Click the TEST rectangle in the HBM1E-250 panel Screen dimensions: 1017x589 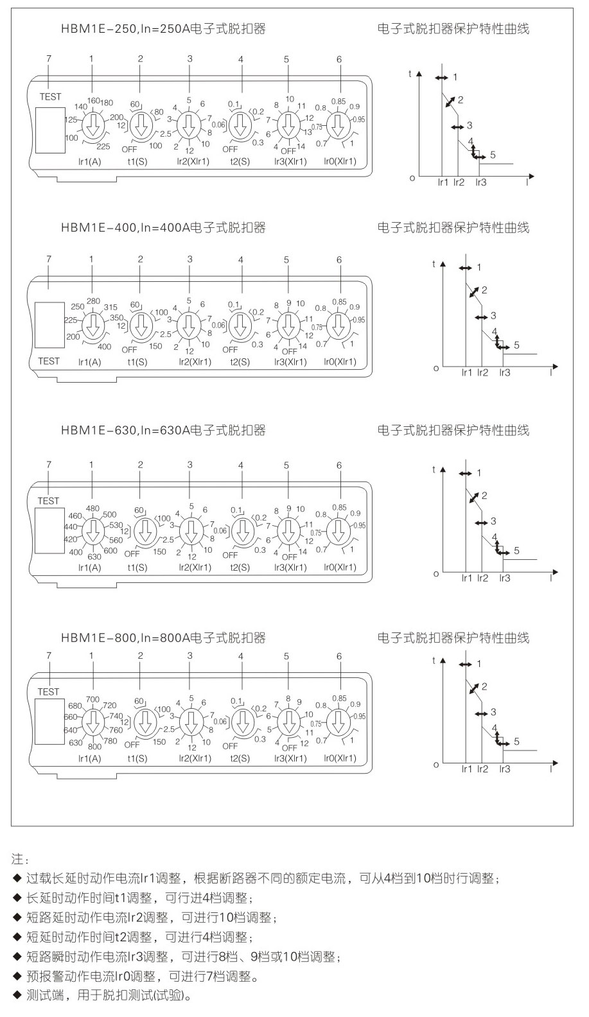[50, 130]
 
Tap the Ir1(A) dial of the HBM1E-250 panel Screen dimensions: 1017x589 [93, 123]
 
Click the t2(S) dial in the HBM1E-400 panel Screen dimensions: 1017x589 [240, 326]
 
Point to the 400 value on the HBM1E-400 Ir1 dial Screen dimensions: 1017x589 [104, 347]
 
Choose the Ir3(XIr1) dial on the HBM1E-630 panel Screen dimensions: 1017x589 [288, 531]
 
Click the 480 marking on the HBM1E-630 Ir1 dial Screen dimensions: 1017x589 [92, 509]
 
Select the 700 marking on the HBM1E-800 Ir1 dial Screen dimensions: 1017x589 [93, 699]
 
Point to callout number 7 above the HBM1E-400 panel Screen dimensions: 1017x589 [49, 259]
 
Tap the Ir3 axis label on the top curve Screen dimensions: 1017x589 [480, 183]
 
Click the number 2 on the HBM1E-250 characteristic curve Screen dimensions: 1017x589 [460, 99]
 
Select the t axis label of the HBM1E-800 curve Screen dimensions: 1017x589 [434, 661]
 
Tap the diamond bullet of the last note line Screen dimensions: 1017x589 [17, 996]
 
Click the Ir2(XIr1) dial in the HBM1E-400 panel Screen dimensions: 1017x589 [189, 326]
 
